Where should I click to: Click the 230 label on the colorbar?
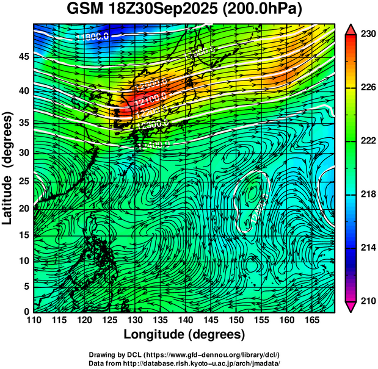(368, 35)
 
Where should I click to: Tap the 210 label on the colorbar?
(368, 300)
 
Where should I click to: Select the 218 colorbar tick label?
(368, 194)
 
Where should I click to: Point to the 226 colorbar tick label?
(368, 88)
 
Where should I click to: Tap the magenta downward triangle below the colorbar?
(351, 306)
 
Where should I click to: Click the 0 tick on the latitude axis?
(26, 312)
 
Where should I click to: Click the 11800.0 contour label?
(93, 37)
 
